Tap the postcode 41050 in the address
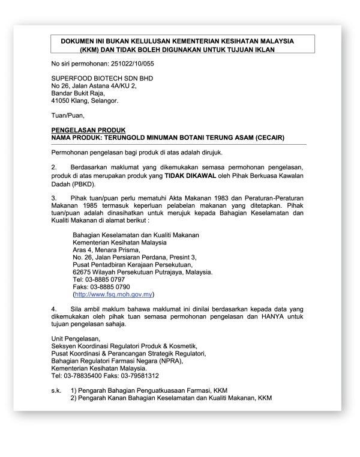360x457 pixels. [x=62, y=101]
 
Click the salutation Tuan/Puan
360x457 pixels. [x=68, y=115]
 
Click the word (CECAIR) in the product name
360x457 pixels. [x=264, y=138]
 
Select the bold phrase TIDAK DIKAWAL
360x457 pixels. [x=191, y=176]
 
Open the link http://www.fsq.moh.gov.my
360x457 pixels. [x=113, y=294]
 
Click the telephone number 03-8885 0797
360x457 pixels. [x=106, y=279]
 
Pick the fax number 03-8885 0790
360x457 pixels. [x=111, y=287]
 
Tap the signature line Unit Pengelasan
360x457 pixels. [x=76, y=339]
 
